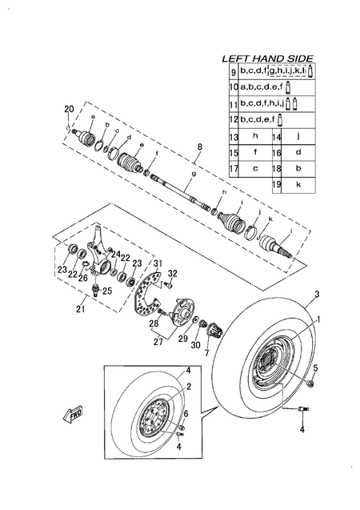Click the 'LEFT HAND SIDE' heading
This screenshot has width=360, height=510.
268,59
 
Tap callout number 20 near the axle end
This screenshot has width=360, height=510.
68,108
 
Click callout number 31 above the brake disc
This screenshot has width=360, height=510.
158,264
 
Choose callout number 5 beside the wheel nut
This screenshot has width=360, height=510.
315,367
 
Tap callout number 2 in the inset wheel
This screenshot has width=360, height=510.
189,387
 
